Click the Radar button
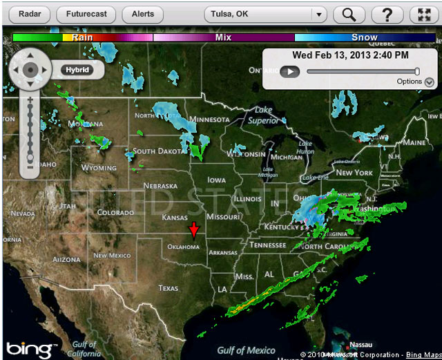click(x=30, y=14)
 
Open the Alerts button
click(x=142, y=14)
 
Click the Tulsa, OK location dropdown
click(x=265, y=14)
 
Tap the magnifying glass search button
click(x=349, y=14)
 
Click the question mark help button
click(x=387, y=14)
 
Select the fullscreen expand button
click(x=424, y=14)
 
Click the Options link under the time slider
click(x=410, y=82)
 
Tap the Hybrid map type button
click(x=77, y=70)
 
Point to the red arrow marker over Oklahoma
click(x=195, y=231)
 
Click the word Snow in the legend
click(x=365, y=37)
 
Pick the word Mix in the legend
click(x=223, y=37)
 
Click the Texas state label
click(x=169, y=288)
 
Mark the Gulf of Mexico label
click(x=247, y=350)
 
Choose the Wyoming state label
click(x=99, y=168)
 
